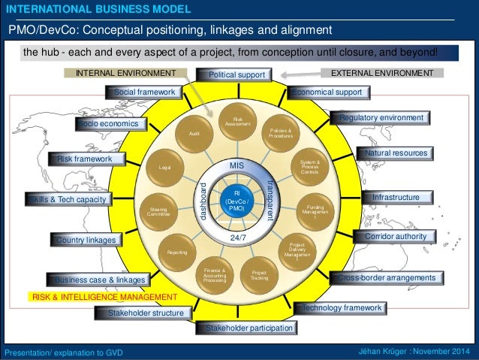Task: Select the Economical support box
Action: click(x=329, y=92)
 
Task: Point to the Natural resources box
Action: click(x=395, y=153)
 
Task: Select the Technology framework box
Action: click(x=342, y=308)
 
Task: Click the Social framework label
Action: click(x=144, y=92)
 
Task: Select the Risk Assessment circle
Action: click(x=238, y=119)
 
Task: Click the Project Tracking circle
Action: click(x=260, y=276)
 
